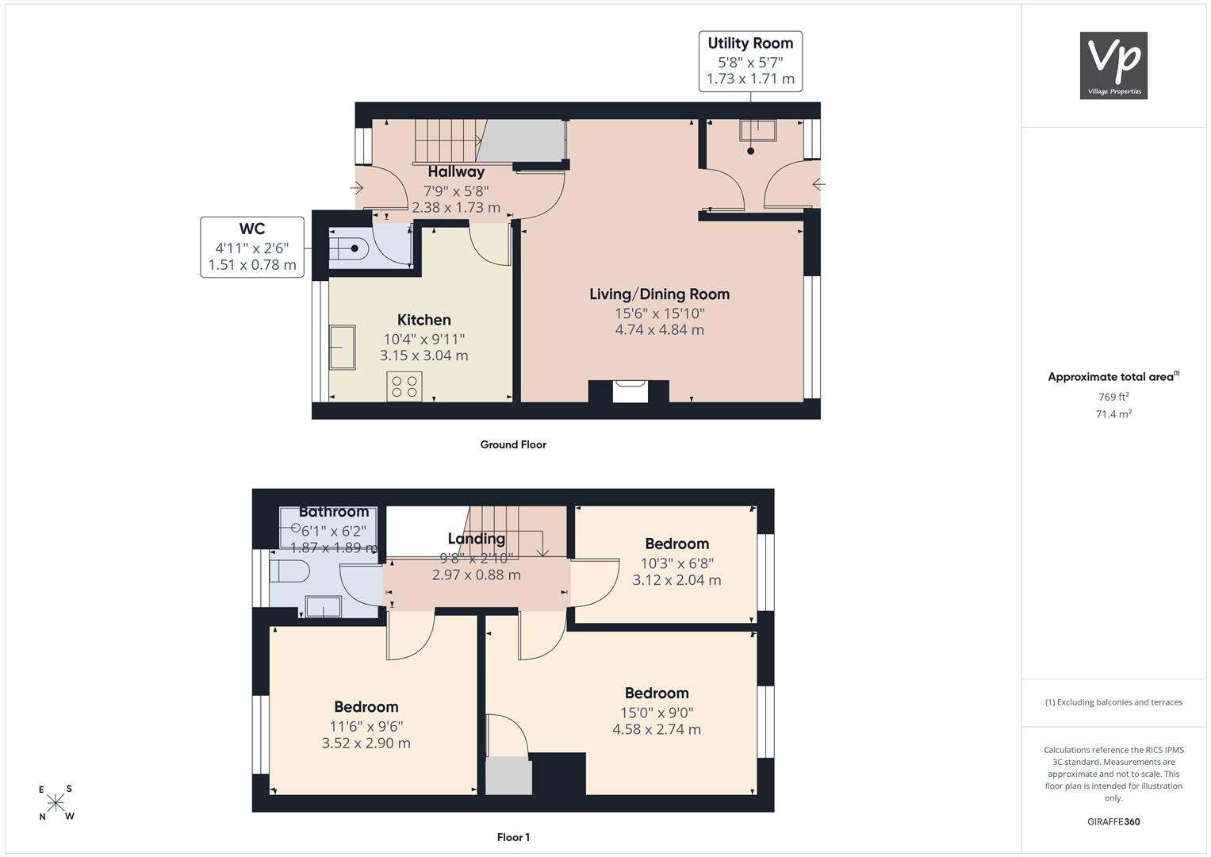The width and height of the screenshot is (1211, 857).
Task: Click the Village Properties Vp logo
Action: click(1113, 65)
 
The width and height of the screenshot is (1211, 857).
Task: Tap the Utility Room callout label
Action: click(750, 61)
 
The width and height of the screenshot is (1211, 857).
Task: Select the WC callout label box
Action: click(252, 248)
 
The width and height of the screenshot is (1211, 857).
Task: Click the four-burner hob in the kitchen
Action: click(404, 386)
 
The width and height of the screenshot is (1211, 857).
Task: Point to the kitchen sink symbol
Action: click(343, 348)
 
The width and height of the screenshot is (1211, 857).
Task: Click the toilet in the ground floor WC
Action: click(349, 248)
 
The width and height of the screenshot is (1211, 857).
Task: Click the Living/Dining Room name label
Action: click(660, 294)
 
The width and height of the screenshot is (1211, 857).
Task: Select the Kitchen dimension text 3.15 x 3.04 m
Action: click(423, 355)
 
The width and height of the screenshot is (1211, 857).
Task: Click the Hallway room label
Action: click(456, 171)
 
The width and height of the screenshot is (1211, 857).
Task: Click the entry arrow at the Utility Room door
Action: click(819, 184)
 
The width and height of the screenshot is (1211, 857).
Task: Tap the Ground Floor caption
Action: click(514, 444)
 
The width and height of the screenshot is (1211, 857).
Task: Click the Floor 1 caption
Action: click(514, 837)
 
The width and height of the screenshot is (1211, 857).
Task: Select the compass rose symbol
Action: click(56, 803)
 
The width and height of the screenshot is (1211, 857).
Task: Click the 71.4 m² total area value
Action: click(1113, 414)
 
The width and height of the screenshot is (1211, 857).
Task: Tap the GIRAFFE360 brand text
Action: click(1113, 821)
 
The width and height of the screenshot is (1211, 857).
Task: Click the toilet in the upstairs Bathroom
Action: click(289, 571)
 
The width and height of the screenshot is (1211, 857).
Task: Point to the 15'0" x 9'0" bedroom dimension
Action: click(657, 713)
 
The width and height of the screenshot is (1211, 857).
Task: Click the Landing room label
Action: click(477, 538)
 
